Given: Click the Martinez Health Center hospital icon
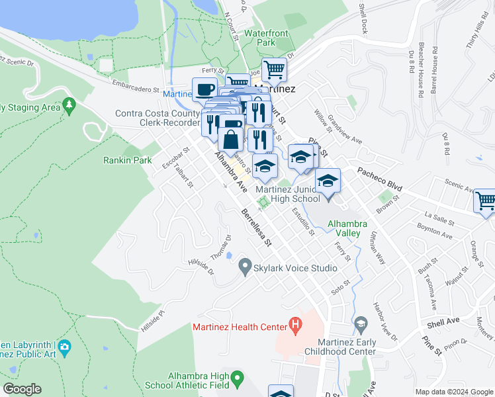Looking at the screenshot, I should [296, 326].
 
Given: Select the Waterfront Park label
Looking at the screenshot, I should [268, 37].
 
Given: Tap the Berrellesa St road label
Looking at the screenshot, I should [257, 228].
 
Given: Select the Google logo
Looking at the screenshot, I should [22, 389].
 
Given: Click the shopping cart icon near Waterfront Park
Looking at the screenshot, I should [274, 69].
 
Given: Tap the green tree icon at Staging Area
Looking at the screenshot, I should [69, 107].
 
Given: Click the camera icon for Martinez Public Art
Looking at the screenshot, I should [64, 346].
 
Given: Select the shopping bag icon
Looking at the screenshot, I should [230, 140].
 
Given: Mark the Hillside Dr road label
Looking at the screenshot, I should [202, 266].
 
